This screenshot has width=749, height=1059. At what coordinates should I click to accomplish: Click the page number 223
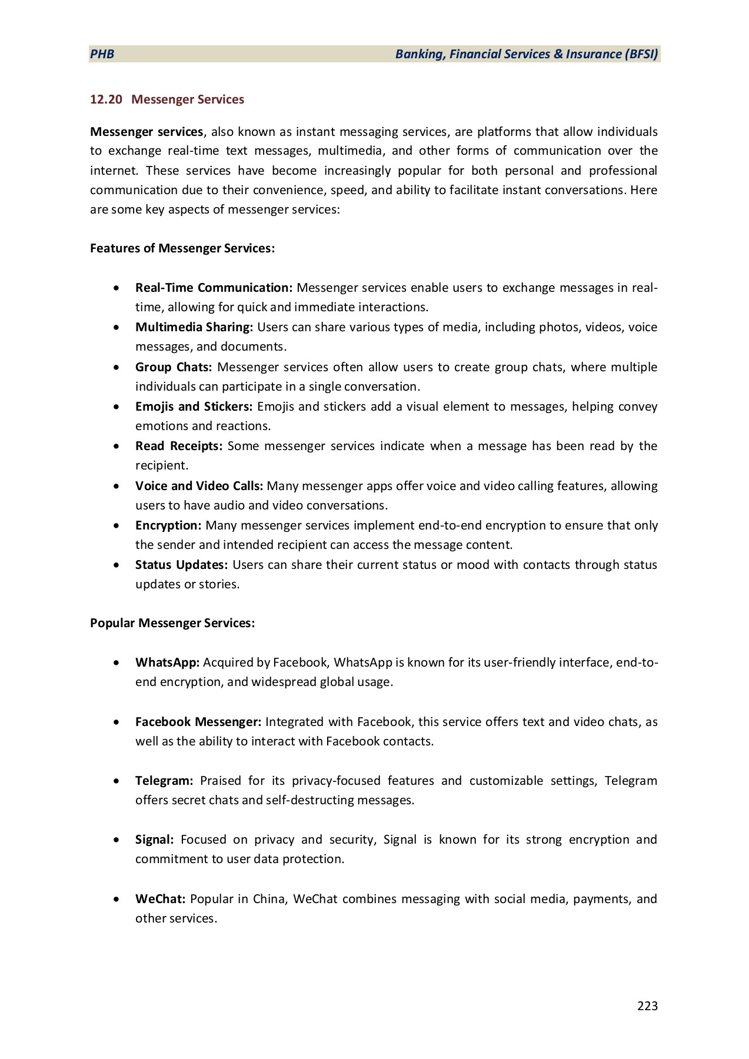pyautogui.click(x=647, y=1006)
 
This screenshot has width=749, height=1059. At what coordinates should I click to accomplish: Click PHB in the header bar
pyautogui.click(x=102, y=54)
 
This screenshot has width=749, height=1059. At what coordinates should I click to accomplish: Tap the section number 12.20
pyautogui.click(x=106, y=99)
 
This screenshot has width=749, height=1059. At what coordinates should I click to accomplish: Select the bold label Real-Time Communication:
pyautogui.click(x=214, y=288)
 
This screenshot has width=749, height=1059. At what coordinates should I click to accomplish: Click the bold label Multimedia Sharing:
pyautogui.click(x=194, y=327)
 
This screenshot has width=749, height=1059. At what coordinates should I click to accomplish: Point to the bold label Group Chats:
pyautogui.click(x=173, y=367)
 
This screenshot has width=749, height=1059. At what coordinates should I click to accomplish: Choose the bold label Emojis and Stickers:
pyautogui.click(x=194, y=407)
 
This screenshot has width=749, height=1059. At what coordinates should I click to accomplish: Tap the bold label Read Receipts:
pyautogui.click(x=178, y=446)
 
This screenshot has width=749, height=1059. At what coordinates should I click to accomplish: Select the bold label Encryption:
pyautogui.click(x=168, y=525)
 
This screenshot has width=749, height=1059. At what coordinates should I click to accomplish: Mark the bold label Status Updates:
pyautogui.click(x=181, y=565)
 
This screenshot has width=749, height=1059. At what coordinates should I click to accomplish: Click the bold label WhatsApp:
pyautogui.click(x=168, y=662)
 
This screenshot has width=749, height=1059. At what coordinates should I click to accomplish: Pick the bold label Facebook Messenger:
pyautogui.click(x=198, y=722)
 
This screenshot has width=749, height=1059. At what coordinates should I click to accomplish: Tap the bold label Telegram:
pyautogui.click(x=164, y=781)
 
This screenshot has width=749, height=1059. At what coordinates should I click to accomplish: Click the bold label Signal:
pyautogui.click(x=154, y=840)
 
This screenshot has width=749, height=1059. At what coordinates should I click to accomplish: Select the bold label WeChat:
pyautogui.click(x=160, y=899)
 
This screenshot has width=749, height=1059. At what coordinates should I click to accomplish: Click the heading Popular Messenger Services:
pyautogui.click(x=172, y=623)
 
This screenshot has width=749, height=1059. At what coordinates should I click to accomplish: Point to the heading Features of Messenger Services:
pyautogui.click(x=182, y=248)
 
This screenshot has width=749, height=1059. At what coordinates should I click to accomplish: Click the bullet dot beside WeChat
pyautogui.click(x=119, y=899)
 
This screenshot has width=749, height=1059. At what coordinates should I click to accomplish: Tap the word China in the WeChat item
pyautogui.click(x=268, y=899)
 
